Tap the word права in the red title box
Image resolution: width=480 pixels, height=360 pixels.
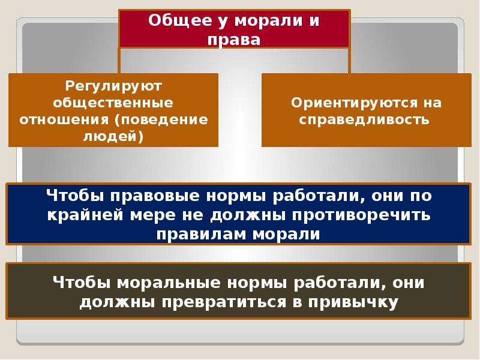[x=234, y=40]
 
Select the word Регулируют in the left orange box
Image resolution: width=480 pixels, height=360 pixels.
[x=113, y=86]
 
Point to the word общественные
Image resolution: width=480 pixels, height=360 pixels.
[x=113, y=103]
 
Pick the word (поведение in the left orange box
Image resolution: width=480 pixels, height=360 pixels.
[x=161, y=119]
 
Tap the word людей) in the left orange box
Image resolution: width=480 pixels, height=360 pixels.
[x=113, y=137]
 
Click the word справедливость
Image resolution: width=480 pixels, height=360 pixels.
[x=364, y=119]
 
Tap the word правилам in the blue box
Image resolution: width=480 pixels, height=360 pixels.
[x=202, y=234]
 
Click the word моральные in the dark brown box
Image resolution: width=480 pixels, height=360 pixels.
[x=169, y=283]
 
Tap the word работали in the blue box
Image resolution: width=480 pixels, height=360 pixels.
[x=319, y=196]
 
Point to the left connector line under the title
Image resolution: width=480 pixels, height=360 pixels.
[x=119, y=61]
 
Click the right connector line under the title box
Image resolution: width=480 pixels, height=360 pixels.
[x=349, y=61]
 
